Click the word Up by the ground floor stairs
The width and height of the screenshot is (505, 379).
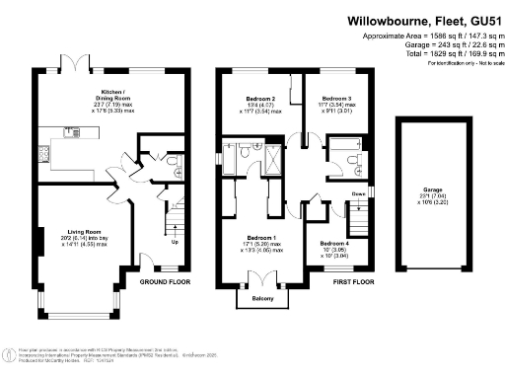click(x=176, y=241)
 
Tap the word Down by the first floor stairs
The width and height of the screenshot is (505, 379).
click(x=359, y=193)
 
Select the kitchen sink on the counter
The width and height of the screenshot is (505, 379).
click(x=74, y=129)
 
